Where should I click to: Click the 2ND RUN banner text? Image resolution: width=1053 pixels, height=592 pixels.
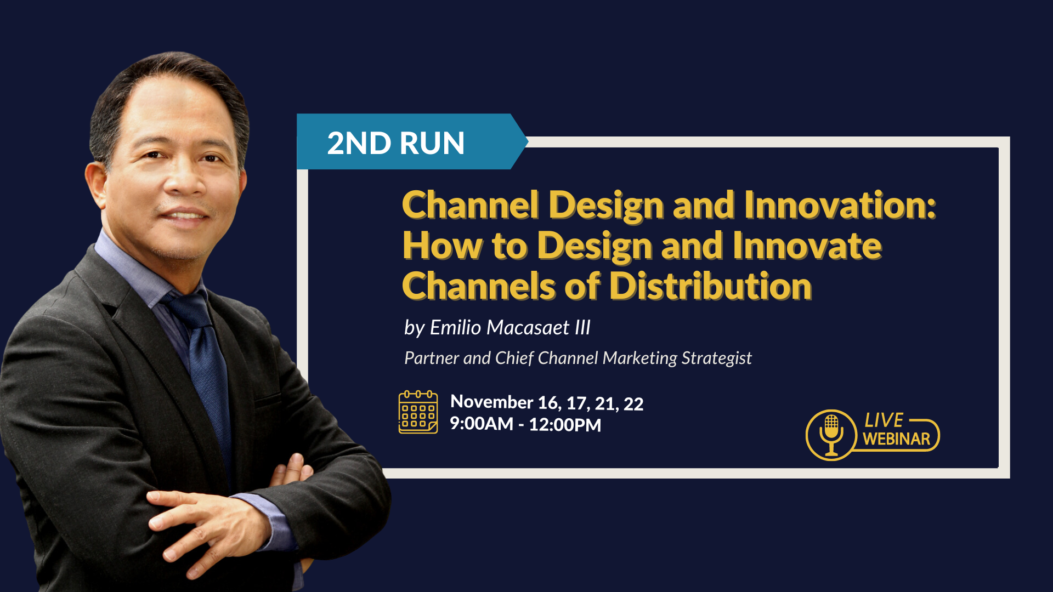point(395,143)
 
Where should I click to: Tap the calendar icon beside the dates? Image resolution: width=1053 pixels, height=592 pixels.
point(418,412)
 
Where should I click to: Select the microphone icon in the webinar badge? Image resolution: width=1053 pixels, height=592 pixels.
point(831,435)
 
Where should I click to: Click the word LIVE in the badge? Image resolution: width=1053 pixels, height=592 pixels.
point(884,420)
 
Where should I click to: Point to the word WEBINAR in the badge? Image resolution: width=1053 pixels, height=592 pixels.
point(896,439)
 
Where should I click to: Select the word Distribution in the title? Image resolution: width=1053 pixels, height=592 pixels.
point(710,286)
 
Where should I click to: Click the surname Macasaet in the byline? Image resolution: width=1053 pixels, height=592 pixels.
point(528,327)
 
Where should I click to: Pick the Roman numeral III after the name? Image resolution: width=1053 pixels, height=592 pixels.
point(582,327)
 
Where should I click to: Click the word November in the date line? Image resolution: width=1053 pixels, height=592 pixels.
point(491,402)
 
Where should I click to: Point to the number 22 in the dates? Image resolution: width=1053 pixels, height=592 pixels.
point(633,404)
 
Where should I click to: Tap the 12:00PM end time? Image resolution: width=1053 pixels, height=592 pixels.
point(565,425)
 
